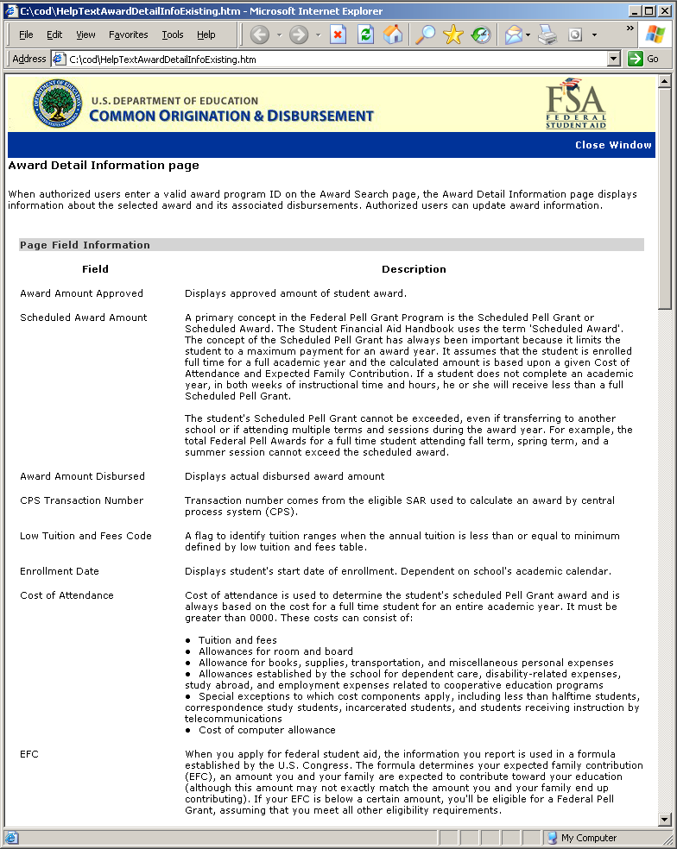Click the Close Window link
click(x=613, y=145)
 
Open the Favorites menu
click(x=128, y=35)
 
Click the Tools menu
click(x=173, y=35)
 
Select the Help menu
click(x=206, y=35)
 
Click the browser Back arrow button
click(x=259, y=35)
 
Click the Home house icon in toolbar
click(x=393, y=35)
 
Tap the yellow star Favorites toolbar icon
click(x=452, y=35)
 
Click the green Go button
click(x=644, y=59)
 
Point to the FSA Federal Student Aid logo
click(x=576, y=104)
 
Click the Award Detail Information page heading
click(x=104, y=165)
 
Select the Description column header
click(x=414, y=269)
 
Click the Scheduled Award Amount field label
click(x=84, y=318)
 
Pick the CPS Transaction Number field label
click(x=82, y=500)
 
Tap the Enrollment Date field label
click(x=60, y=571)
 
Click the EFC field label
click(x=29, y=754)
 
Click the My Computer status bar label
click(x=588, y=838)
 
